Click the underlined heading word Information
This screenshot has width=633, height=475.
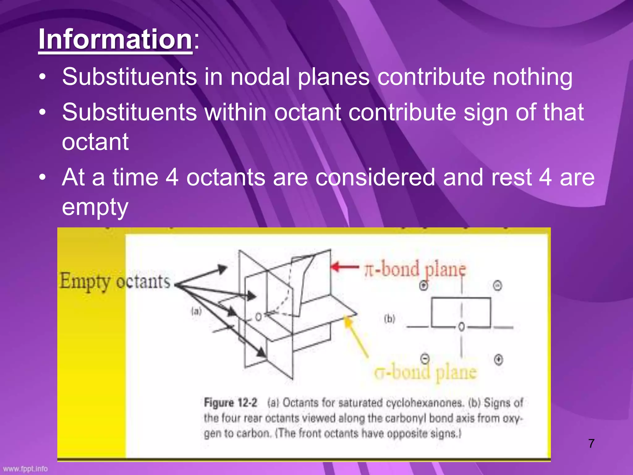(115, 39)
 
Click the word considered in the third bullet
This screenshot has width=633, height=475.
(375, 177)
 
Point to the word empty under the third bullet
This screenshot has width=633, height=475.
(95, 207)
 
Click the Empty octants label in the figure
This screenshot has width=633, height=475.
(115, 282)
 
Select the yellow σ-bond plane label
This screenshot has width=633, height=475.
(425, 372)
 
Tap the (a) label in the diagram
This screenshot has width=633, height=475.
(196, 311)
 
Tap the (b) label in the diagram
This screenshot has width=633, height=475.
(389, 319)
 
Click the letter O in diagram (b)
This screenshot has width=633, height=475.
(461, 327)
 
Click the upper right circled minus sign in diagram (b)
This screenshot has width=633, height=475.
(497, 285)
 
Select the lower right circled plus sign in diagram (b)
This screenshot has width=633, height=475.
(498, 360)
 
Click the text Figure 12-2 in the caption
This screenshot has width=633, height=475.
(230, 403)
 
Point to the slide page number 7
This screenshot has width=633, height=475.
(591, 443)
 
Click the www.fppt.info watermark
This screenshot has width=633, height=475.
(25, 469)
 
